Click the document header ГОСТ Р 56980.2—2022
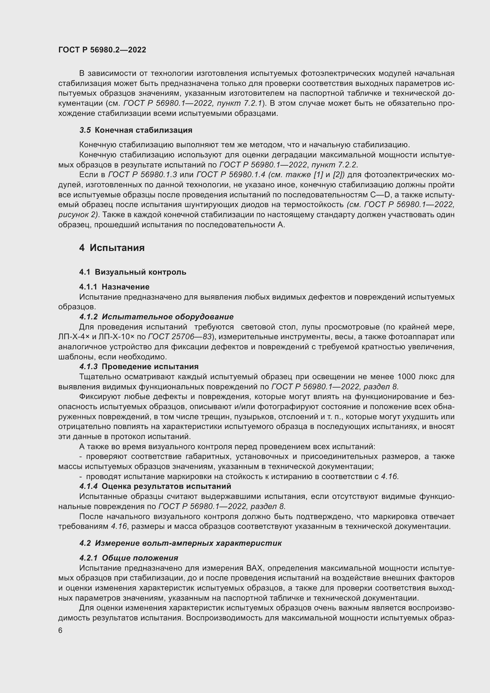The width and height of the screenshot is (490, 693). point(102,50)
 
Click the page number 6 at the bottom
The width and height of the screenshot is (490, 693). point(60,630)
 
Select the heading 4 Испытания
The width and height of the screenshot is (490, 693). point(112,248)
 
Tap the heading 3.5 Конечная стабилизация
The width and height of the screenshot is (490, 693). point(136,130)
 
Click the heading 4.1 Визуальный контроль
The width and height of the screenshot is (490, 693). point(133,272)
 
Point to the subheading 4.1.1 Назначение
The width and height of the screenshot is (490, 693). point(114,287)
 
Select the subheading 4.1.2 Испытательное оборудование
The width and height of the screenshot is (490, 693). point(156,317)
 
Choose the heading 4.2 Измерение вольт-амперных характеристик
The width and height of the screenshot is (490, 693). point(180,543)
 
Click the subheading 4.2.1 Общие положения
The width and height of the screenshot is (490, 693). point(129,558)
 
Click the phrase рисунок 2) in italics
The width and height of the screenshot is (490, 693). point(79,215)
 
